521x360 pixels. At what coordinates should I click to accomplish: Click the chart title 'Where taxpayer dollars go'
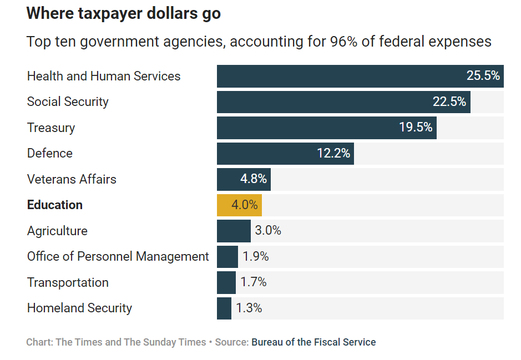(x=123, y=14)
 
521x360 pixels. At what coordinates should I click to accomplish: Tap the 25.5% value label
(x=483, y=76)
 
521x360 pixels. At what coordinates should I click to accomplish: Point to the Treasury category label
(x=51, y=128)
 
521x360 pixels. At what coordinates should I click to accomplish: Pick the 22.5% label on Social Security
(x=449, y=102)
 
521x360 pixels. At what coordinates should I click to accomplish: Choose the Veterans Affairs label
(x=72, y=179)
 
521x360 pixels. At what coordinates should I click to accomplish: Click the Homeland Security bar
(x=224, y=308)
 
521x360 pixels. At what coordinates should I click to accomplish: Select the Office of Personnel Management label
(x=118, y=256)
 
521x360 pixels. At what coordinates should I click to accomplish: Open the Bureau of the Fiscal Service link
(x=313, y=342)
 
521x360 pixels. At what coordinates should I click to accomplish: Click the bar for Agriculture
(x=234, y=231)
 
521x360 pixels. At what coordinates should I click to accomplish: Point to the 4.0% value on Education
(x=244, y=205)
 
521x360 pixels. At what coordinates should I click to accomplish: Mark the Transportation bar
(x=226, y=282)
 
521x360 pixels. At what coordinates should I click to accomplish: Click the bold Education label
(x=55, y=205)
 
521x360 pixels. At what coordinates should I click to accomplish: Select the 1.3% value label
(x=249, y=308)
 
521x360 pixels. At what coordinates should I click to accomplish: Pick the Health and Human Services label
(x=104, y=76)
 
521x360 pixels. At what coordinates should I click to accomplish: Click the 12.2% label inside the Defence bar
(x=333, y=153)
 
